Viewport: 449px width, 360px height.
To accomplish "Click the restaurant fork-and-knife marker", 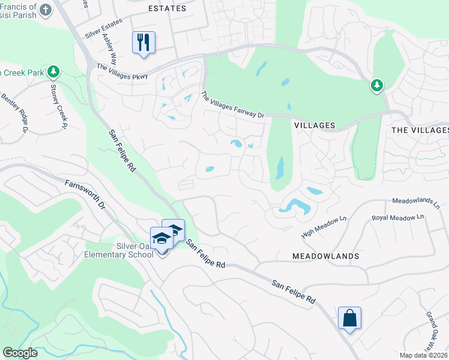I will [143, 43].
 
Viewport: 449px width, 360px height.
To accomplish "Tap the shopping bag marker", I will [349, 318].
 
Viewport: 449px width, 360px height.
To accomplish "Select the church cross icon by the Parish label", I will [45, 9].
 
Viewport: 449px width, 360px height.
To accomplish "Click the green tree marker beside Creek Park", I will [53, 72].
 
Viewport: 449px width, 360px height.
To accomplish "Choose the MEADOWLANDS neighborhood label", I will [326, 256].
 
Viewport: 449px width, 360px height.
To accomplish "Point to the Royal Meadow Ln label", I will [398, 217].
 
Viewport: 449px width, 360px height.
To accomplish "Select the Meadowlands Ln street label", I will [415, 202].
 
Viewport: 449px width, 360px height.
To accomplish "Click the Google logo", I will [20, 353].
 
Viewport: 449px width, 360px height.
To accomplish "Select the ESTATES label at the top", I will [166, 9].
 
